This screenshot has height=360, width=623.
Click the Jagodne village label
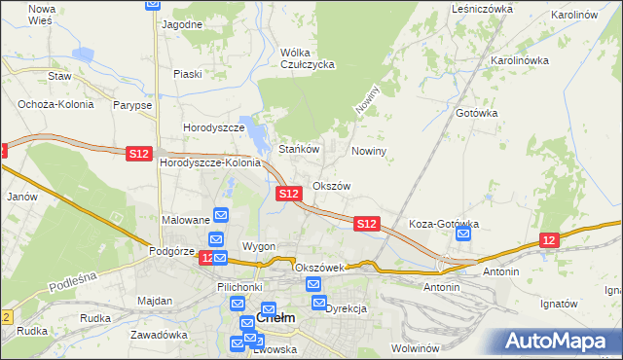(182, 23)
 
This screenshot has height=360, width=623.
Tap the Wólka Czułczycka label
(307, 58)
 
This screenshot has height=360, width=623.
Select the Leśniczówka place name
(482, 8)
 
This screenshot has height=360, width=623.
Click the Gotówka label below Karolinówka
(477, 113)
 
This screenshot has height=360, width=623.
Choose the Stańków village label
(300, 150)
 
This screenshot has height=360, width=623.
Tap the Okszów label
(331, 186)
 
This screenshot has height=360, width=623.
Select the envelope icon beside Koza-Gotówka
(463, 234)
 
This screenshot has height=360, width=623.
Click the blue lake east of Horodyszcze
(254, 134)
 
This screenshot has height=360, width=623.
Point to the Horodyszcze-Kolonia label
(210, 162)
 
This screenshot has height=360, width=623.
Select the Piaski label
(187, 73)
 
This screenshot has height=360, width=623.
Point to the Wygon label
(259, 246)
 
